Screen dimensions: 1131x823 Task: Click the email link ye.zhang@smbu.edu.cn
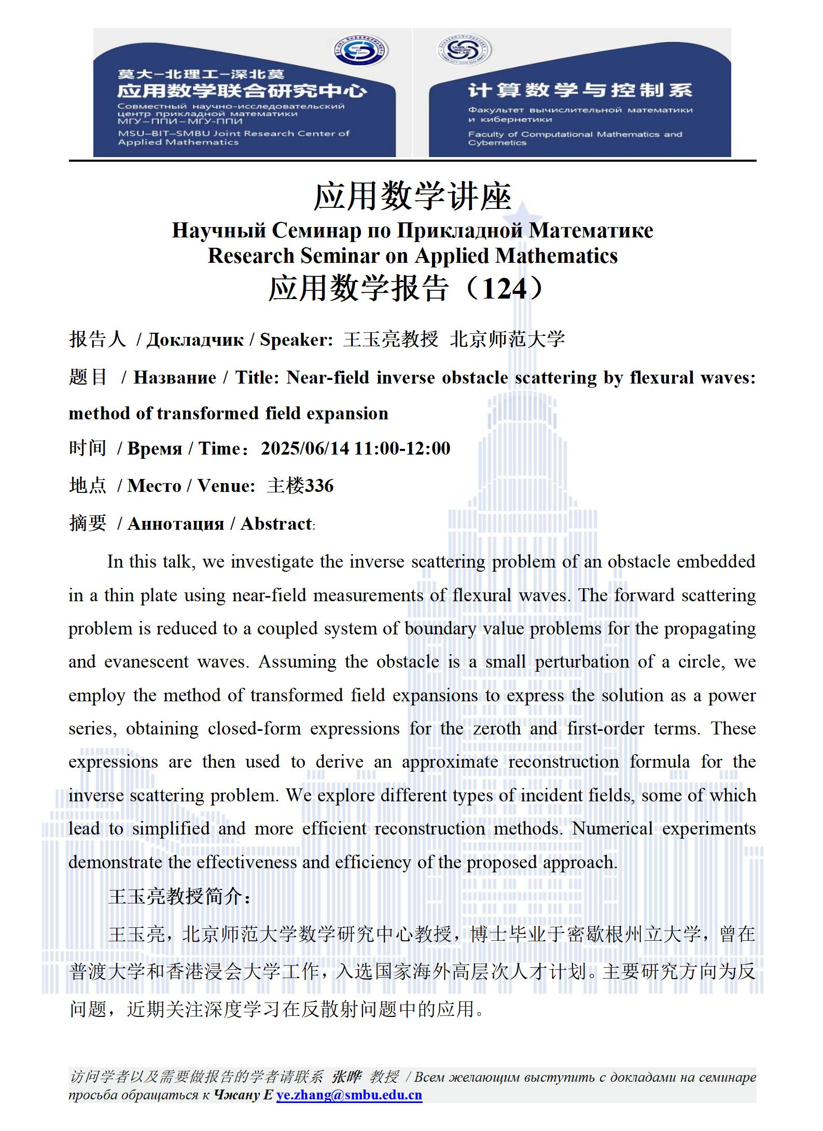pyautogui.click(x=349, y=1095)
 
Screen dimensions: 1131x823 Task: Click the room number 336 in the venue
pyautogui.click(x=319, y=486)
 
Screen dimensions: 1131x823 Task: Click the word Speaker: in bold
pyautogui.click(x=296, y=340)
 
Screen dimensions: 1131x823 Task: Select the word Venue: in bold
pyautogui.click(x=226, y=486)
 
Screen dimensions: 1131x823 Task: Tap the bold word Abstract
pyautogui.click(x=276, y=524)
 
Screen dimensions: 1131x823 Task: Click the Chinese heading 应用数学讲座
pyautogui.click(x=412, y=197)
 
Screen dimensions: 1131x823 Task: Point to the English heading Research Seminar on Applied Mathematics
pyautogui.click(x=412, y=256)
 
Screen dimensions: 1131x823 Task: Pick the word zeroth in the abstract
pyautogui.click(x=496, y=729)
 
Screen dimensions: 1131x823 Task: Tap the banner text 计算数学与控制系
pyautogui.click(x=580, y=91)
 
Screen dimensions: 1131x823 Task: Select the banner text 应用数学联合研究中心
pyautogui.click(x=242, y=91)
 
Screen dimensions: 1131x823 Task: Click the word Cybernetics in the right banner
pyautogui.click(x=497, y=143)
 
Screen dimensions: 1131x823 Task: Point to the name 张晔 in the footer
pyautogui.click(x=346, y=1078)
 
